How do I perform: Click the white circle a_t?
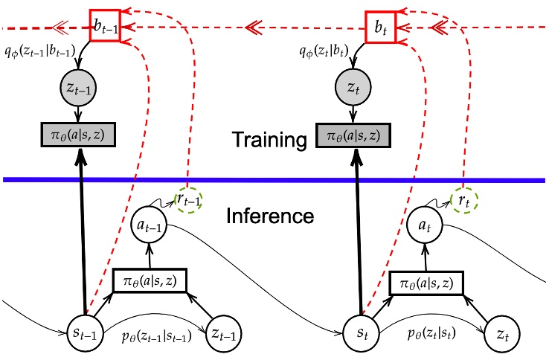click(427, 227)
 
